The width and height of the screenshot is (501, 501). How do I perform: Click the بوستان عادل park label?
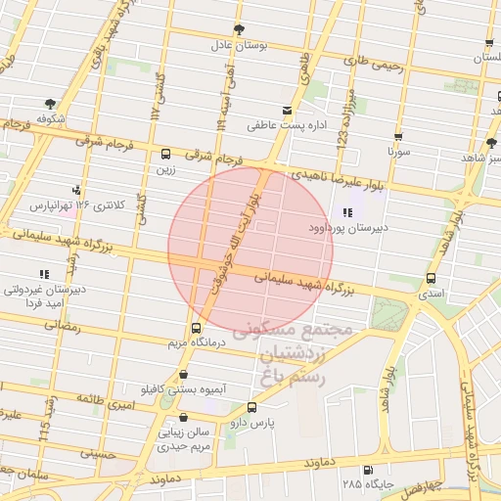(x=235, y=45)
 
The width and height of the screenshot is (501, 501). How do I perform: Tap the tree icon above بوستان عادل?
(x=240, y=28)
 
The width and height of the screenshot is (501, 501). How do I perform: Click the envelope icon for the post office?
(x=287, y=110)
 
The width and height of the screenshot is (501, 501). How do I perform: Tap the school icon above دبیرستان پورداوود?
(x=347, y=212)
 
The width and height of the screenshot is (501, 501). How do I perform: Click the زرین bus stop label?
(x=165, y=168)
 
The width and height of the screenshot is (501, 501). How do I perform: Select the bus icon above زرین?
(x=165, y=154)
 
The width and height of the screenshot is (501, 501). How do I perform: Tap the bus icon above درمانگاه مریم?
(x=196, y=328)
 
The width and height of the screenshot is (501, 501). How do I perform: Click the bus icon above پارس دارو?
(x=253, y=408)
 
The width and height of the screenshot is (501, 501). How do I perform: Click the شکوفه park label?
(x=51, y=117)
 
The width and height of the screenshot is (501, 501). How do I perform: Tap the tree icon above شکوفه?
(x=49, y=102)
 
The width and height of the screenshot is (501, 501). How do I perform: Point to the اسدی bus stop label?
(x=431, y=293)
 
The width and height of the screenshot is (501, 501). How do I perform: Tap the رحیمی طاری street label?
(x=375, y=63)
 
